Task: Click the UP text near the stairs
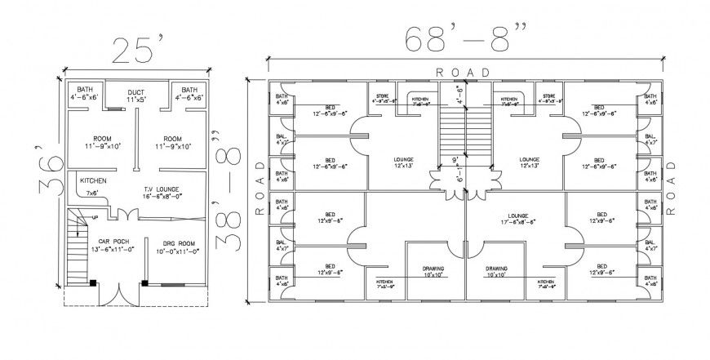pyautogui.click(x=95, y=217)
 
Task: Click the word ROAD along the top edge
pyautogui.click(x=464, y=72)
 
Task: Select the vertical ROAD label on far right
pyautogui.click(x=674, y=189)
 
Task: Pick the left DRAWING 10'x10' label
pyautogui.click(x=433, y=271)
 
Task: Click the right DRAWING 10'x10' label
pyautogui.click(x=496, y=271)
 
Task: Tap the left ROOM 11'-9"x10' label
pyautogui.click(x=104, y=143)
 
